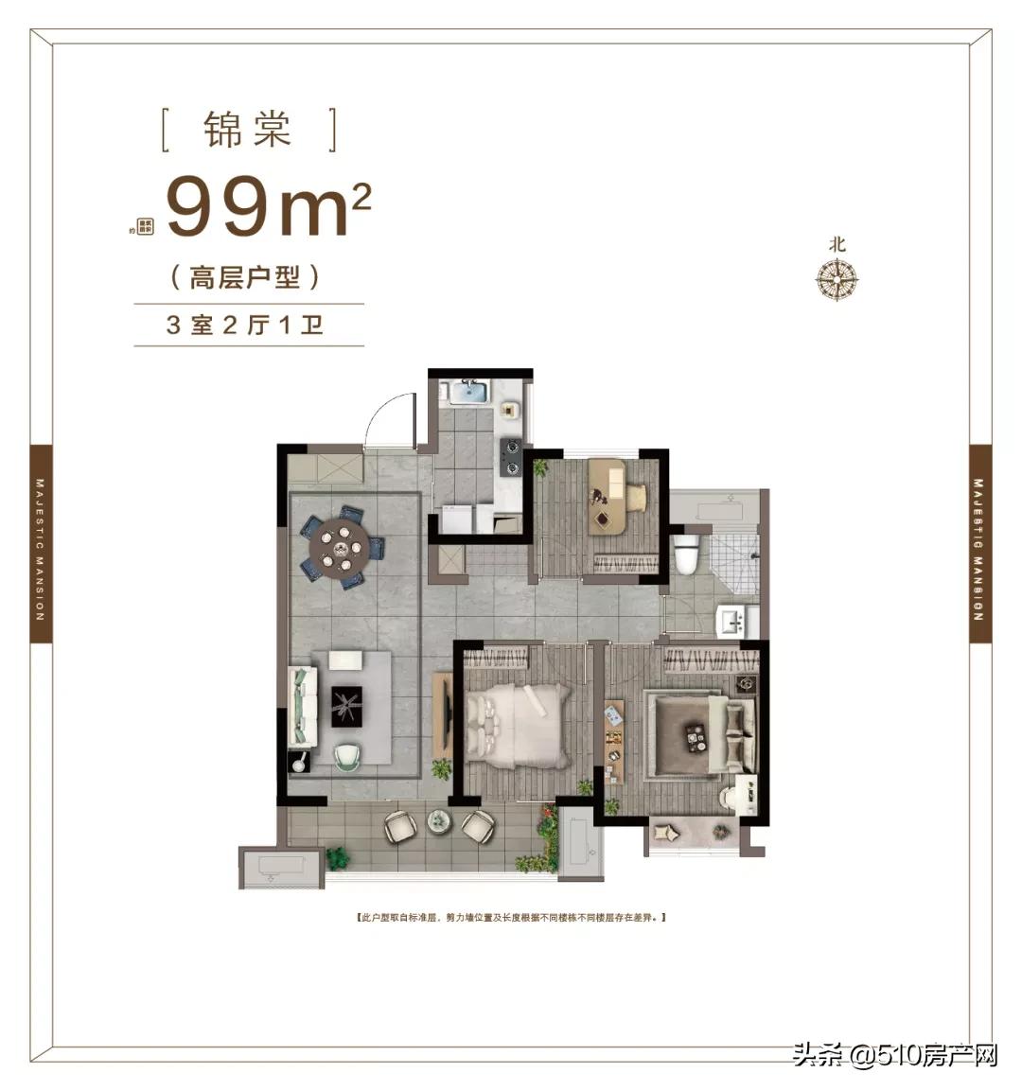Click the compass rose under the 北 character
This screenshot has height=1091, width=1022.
click(837, 279)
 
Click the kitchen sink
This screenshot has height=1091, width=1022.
click(467, 391)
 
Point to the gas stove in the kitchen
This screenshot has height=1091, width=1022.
click(512, 456)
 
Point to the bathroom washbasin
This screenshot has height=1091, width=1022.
click(734, 621)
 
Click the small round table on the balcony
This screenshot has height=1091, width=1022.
click(439, 820)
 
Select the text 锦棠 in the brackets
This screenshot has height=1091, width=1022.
click(248, 130)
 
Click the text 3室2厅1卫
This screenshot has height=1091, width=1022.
click(244, 326)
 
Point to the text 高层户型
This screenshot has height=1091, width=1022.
click(244, 278)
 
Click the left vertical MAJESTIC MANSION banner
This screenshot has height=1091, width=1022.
click(40, 544)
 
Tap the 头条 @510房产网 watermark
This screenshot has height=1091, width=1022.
click(895, 1053)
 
